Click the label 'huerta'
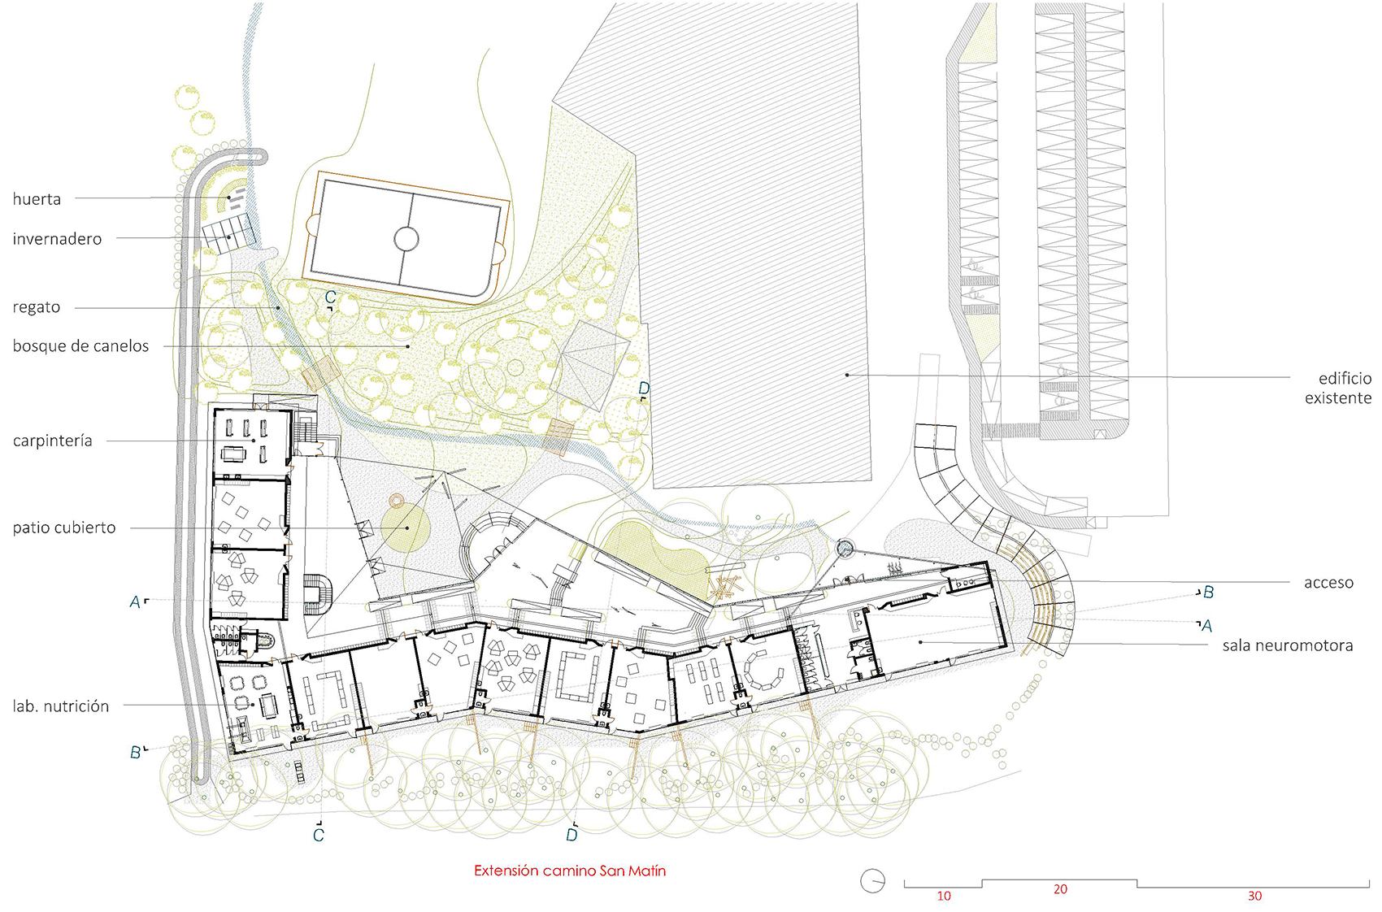click(x=37, y=199)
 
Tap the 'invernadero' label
click(x=57, y=239)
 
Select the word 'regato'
click(x=37, y=307)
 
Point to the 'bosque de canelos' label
click(x=80, y=346)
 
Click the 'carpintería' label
click(x=52, y=441)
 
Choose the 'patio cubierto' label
click(x=64, y=528)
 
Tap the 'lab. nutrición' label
click(x=61, y=706)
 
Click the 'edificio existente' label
click(x=1338, y=389)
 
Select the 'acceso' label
click(x=1328, y=583)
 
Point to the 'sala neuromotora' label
click(x=1288, y=646)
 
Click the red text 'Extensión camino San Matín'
click(x=570, y=871)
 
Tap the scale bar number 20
click(x=1060, y=889)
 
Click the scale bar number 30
click(x=1254, y=896)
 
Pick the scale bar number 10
click(x=944, y=896)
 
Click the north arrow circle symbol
click(x=872, y=880)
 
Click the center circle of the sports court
click(x=406, y=239)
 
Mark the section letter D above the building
click(x=644, y=389)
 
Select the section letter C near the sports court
click(x=330, y=297)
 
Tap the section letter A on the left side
click(x=135, y=602)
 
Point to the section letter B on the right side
click(x=1209, y=593)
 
